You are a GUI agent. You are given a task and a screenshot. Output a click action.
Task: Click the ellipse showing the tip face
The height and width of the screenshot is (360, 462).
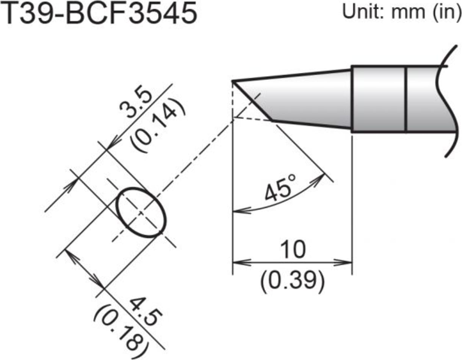[x=141, y=213]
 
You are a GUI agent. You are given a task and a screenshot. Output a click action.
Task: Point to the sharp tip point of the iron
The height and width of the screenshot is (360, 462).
[x=233, y=81]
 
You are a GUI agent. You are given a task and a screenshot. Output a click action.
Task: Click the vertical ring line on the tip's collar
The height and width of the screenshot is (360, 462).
[x=406, y=99]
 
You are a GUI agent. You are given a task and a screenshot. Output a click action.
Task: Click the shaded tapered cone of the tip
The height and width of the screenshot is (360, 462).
[x=311, y=101]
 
